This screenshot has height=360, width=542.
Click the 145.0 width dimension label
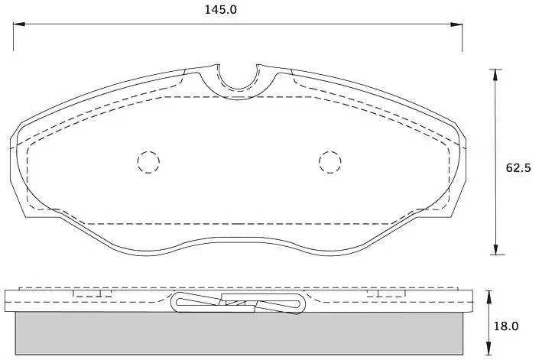[x=221, y=10]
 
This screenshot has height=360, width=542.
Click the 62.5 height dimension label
[x=518, y=168]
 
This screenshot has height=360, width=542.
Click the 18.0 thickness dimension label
[x=506, y=326]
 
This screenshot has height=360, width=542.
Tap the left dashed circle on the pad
[x=148, y=162]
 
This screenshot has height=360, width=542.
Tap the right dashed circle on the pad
[x=330, y=162]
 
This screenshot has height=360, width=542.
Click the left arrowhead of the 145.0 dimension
[x=19, y=24]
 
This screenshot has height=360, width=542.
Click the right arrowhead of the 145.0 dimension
[x=456, y=24]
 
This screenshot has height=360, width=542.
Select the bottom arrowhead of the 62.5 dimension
[x=496, y=248]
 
